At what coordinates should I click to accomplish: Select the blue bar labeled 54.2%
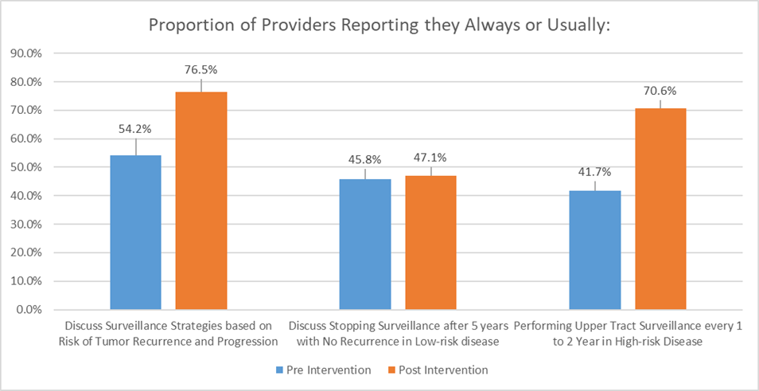(136, 232)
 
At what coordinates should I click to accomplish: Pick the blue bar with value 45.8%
(365, 244)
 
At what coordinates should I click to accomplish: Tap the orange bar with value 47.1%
(430, 242)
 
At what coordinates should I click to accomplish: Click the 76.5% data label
(201, 70)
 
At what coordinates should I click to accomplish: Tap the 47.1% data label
(430, 158)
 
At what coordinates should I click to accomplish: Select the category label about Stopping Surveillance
(397, 334)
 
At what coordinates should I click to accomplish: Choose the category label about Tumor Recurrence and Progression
(168, 334)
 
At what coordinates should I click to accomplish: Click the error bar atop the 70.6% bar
(660, 104)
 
